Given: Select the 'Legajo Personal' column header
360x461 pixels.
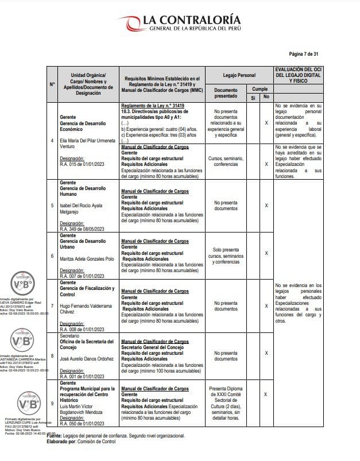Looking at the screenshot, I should pos(238,75).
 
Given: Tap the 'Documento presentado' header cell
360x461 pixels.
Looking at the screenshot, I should pos(226,93).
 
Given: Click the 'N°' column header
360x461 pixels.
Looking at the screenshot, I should pos(52,84).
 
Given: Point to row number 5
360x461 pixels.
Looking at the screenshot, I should pos(52,205).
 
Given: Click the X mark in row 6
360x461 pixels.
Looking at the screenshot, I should pos(266,253).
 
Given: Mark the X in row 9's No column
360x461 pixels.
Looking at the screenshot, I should pos(266,394).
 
